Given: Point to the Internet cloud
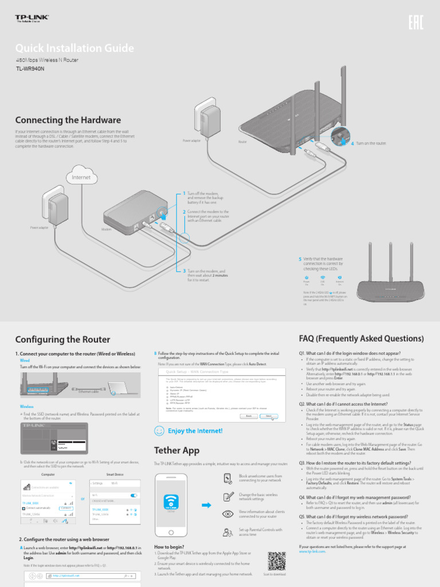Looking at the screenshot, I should pos(81,177).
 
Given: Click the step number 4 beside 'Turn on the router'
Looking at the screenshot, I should pos(352,143).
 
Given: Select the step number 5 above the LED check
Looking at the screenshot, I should pos(300,259).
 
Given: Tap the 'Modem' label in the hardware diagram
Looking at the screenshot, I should pos(106,229).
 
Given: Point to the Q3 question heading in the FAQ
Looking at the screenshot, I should pos(347,463).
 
